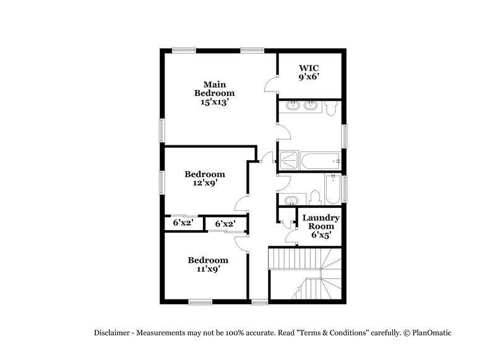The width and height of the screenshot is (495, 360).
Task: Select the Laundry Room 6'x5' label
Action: click(x=320, y=226)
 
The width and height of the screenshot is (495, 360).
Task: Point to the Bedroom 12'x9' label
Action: click(x=204, y=178)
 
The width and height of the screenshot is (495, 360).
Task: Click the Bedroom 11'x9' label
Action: click(x=208, y=264)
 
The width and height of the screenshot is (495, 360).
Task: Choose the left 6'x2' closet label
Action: click(x=183, y=223)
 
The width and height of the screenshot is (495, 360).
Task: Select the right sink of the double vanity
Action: click(x=311, y=106)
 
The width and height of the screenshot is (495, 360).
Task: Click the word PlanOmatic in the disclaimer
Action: click(x=431, y=332)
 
